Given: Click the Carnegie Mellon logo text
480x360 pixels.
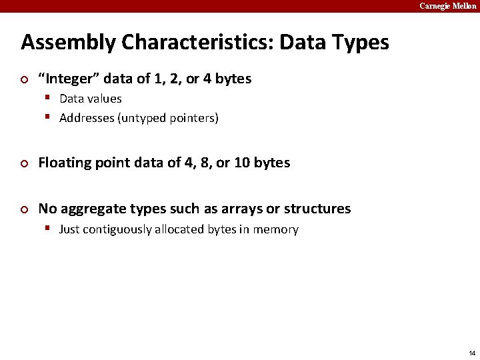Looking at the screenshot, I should (x=447, y=6).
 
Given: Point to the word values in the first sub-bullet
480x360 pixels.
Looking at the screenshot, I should (x=105, y=99).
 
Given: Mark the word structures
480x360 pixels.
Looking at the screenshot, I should (x=317, y=209).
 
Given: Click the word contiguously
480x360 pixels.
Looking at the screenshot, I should (x=119, y=229).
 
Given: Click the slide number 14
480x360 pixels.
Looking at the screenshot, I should (x=471, y=353).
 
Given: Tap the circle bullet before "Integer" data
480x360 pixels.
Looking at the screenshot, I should (x=25, y=80).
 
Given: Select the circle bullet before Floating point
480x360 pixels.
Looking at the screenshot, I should (x=25, y=164).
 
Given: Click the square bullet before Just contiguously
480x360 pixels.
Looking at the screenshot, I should (x=49, y=228).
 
